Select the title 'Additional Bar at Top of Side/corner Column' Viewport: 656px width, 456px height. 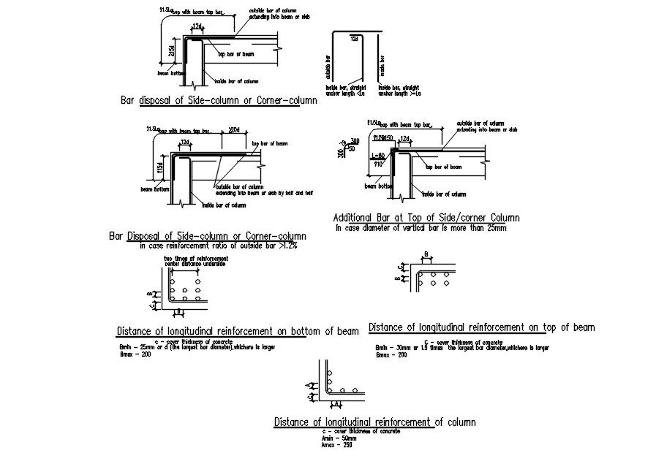coord(426,218)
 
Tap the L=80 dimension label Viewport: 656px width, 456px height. coord(379,156)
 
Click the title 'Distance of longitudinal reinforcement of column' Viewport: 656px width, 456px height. coord(374,422)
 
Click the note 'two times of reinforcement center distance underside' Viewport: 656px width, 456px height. coord(196,262)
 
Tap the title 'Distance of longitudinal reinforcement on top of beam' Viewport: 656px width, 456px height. coord(481,327)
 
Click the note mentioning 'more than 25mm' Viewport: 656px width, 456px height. coord(421,228)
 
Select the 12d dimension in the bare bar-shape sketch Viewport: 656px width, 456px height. coord(354,37)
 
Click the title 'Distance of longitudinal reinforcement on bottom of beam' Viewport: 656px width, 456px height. coord(237,331)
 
